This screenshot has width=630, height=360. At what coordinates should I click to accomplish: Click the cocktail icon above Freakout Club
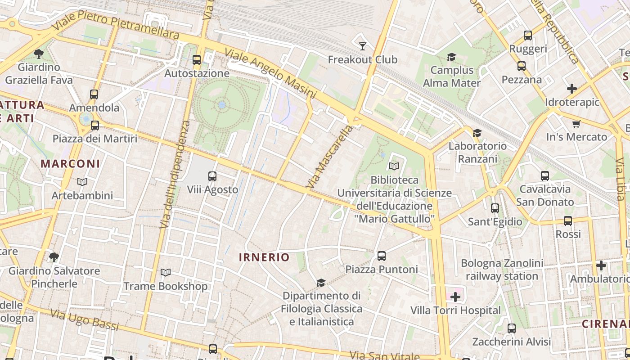[x=362, y=46]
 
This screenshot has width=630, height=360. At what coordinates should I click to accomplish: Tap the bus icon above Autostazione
[x=197, y=59]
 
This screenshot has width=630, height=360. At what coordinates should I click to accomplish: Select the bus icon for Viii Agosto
[x=212, y=176]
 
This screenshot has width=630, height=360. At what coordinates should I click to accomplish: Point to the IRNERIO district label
[x=264, y=257]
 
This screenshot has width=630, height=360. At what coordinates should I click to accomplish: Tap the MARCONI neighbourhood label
[x=70, y=164]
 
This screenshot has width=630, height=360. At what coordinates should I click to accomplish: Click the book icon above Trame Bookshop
[x=166, y=273]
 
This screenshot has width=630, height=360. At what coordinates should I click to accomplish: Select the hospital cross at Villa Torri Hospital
[x=455, y=297]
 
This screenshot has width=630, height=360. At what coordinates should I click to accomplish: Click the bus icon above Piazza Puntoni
[x=382, y=256]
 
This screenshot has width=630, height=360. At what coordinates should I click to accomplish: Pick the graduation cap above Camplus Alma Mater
[x=451, y=57]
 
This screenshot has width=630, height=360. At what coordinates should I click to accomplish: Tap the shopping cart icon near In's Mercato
[x=576, y=124]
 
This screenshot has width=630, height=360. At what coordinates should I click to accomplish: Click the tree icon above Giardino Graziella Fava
[x=39, y=54]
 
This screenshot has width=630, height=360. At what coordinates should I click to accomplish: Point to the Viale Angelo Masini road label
[x=270, y=73]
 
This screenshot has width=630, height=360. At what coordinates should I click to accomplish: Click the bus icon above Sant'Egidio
[x=495, y=208]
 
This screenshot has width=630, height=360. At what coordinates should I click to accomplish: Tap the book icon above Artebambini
[x=82, y=182]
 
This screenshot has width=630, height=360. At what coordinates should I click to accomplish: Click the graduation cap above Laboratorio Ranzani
[x=477, y=133]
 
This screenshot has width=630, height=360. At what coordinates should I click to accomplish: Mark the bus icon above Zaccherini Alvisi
[x=511, y=328]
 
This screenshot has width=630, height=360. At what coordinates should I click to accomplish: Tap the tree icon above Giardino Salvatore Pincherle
[x=54, y=257]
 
